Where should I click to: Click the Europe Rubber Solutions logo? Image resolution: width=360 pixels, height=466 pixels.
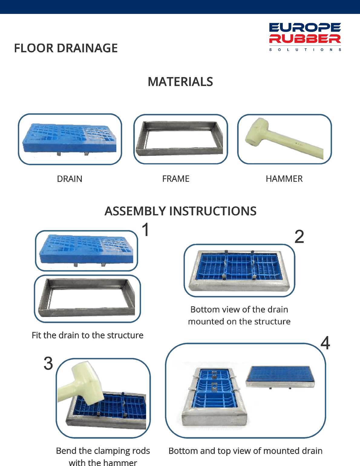point(305,37)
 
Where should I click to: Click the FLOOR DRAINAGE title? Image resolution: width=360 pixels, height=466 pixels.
point(66,48)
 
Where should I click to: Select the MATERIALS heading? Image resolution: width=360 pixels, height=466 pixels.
point(180,82)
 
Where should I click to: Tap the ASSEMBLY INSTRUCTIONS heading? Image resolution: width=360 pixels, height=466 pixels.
point(180,211)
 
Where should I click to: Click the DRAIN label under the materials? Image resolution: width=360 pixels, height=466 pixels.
point(70,179)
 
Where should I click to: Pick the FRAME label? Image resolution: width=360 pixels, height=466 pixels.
point(176,179)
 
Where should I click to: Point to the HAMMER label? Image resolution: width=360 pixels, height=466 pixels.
point(284,179)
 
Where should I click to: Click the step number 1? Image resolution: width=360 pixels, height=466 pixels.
point(146,229)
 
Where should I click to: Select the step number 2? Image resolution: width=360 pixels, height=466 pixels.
point(299,237)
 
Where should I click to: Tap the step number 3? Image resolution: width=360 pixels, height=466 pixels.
point(48,363)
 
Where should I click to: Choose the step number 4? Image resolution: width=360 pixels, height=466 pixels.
point(325,343)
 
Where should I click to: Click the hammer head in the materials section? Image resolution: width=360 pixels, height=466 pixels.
point(257,132)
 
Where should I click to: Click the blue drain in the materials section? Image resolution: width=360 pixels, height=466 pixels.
point(69,139)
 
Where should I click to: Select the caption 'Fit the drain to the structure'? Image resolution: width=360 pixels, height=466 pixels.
point(88,335)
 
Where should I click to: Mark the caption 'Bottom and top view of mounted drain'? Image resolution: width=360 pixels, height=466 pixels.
point(246,451)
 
